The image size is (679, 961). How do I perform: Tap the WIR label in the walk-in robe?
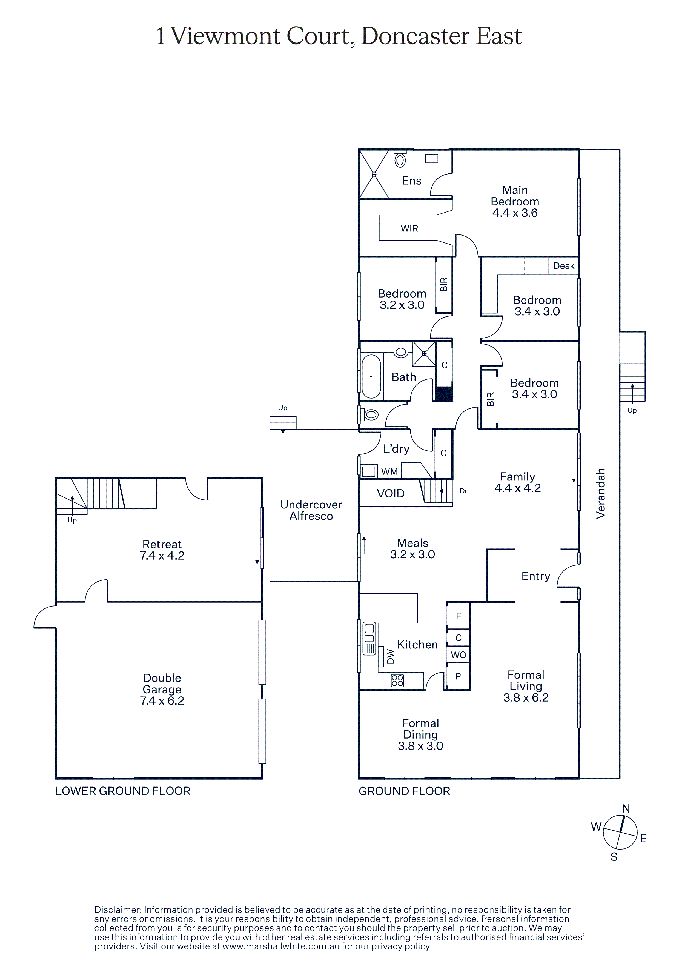[409, 228]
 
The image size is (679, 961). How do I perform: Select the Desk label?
[563, 266]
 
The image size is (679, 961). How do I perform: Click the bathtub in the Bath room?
[371, 376]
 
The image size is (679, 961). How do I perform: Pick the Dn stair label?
[464, 491]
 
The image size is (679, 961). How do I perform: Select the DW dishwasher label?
[390, 656]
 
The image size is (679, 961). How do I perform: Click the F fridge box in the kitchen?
[458, 616]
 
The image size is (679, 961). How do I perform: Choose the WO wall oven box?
[458, 655]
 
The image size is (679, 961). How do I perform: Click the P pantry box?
[458, 676]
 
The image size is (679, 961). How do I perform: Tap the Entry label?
[535, 576]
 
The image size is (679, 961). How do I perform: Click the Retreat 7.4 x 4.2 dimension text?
[162, 555]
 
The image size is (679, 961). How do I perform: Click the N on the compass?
[626, 809]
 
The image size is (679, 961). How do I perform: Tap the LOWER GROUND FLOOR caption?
[123, 791]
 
